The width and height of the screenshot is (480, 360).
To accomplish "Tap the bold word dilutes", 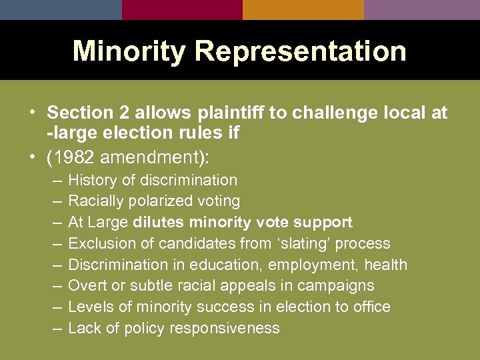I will point(159,222).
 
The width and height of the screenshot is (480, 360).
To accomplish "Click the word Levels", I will point(88,307).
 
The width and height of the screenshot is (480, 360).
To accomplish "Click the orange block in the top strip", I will point(303,9).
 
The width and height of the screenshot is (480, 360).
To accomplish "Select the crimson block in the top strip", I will point(182,9).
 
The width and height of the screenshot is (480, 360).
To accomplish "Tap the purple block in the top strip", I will point(422,9).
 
